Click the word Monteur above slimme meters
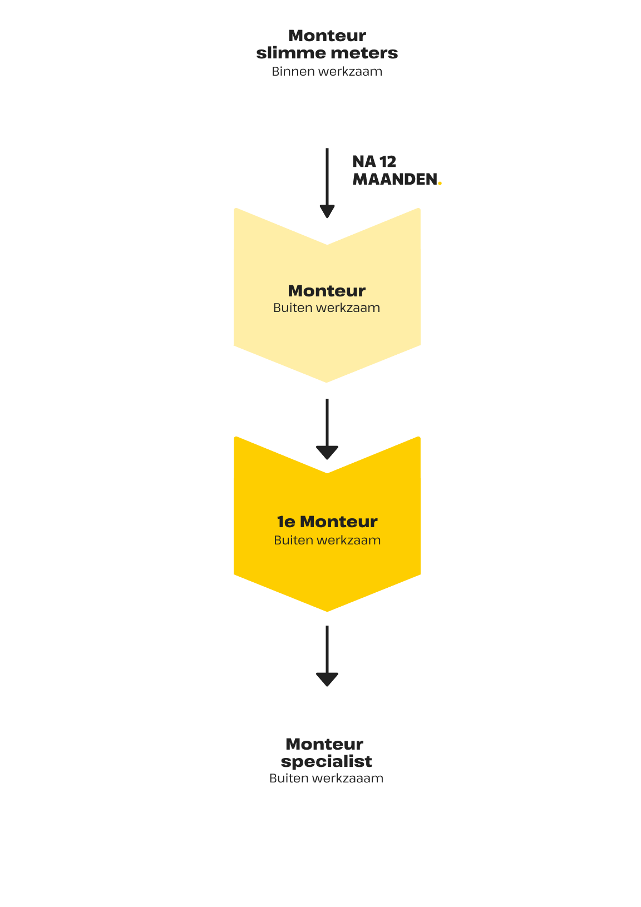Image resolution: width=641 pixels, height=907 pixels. tap(327, 36)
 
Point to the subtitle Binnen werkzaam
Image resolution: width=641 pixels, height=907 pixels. tap(327, 71)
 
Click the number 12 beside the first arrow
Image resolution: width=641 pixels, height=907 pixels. tap(388, 162)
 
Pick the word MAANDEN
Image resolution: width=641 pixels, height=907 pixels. tap(395, 180)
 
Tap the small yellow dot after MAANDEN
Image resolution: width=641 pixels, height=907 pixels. tap(440, 183)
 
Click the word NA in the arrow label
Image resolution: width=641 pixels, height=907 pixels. tap(364, 162)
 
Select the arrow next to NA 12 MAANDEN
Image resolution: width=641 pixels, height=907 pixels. tap(327, 184)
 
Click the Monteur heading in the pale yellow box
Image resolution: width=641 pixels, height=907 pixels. tap(327, 291)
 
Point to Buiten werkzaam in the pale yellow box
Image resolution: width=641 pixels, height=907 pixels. tap(327, 308)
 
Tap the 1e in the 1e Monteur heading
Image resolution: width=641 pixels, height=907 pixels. tap(286, 522)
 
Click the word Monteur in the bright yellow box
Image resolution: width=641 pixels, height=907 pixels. tap(339, 522)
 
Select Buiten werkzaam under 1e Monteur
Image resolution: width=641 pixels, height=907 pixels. tap(327, 540)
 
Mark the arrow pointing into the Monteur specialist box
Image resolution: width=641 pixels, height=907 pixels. tap(327, 656)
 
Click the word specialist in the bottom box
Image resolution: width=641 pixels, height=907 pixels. tap(327, 761)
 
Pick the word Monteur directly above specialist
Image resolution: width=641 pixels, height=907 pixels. tap(324, 744)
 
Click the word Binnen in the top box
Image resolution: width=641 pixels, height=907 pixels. tap(293, 71)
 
